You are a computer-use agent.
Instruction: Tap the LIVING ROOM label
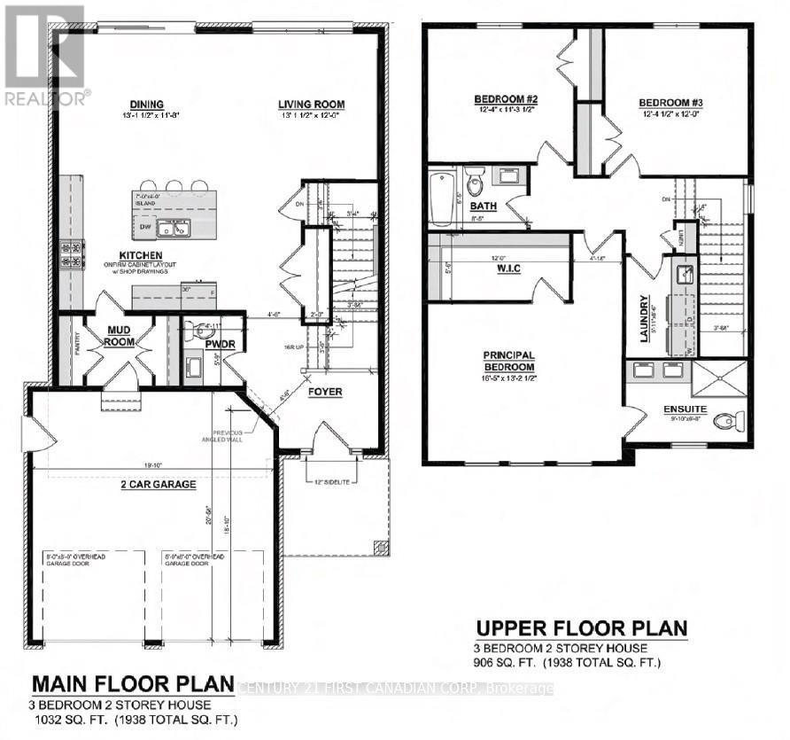pyautogui.click(x=310, y=105)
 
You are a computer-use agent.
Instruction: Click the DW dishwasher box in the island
pyautogui.click(x=143, y=227)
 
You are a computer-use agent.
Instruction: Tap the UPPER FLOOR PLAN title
pyautogui.click(x=581, y=629)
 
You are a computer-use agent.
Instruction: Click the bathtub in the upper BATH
pyautogui.click(x=440, y=197)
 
